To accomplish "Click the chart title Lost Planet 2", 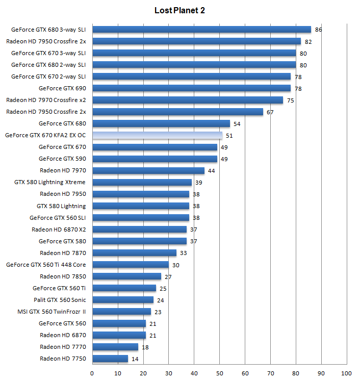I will click(179, 10).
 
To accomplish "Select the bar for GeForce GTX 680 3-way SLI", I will click(201, 30).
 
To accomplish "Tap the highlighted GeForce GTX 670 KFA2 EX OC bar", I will click(157, 135).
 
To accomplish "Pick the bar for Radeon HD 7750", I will click(110, 359).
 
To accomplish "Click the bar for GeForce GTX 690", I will click(191, 88).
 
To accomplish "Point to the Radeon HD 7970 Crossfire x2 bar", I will click(188, 100).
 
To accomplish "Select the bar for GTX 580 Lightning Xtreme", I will click(142, 182).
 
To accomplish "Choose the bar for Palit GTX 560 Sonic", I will click(123, 300).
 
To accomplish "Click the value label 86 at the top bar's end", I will click(319, 30).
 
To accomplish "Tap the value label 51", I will click(229, 135).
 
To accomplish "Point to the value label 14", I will click(135, 359).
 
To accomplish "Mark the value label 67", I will click(270, 112).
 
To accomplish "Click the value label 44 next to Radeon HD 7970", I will click(212, 170).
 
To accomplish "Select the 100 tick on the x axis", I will click(347, 373).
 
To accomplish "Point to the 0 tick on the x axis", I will click(92, 373).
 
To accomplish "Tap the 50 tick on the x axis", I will click(220, 373).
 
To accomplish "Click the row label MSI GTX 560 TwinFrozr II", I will click(52, 312).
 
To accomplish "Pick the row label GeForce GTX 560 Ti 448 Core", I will click(46, 265).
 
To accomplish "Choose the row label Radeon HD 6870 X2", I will click(59, 230).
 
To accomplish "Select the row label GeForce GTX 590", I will click(62, 159).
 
